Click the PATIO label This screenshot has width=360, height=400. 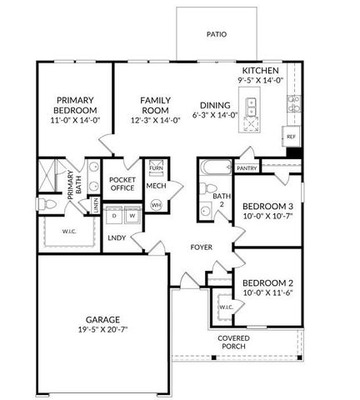217,35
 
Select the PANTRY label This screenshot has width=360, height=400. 247,168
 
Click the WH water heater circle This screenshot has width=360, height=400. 156,204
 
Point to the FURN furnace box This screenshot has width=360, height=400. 156,168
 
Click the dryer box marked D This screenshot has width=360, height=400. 113,216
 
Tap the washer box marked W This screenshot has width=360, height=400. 132,216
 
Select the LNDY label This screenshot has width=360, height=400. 117,238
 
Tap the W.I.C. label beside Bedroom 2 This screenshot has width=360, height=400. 225,307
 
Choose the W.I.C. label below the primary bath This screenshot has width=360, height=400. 69,232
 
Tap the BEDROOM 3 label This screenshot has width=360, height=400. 267,207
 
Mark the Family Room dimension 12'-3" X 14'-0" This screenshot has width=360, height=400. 155,119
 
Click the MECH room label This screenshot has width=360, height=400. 156,186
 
